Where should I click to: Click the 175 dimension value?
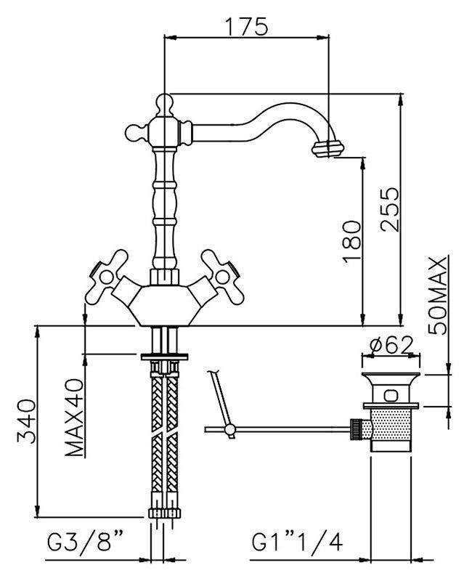click(x=246, y=26)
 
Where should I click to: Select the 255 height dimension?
click(x=390, y=210)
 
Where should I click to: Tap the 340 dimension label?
click(x=27, y=421)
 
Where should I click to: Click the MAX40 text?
click(x=74, y=417)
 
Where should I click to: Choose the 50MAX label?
click(x=438, y=296)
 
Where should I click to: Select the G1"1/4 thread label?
click(x=298, y=543)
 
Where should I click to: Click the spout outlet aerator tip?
click(x=328, y=149)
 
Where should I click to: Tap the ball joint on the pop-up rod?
click(x=229, y=429)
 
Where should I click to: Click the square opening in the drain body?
click(x=391, y=395)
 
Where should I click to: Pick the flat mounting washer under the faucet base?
click(x=164, y=357)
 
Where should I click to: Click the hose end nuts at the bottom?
click(x=165, y=513)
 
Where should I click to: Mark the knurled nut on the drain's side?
click(x=356, y=429)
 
